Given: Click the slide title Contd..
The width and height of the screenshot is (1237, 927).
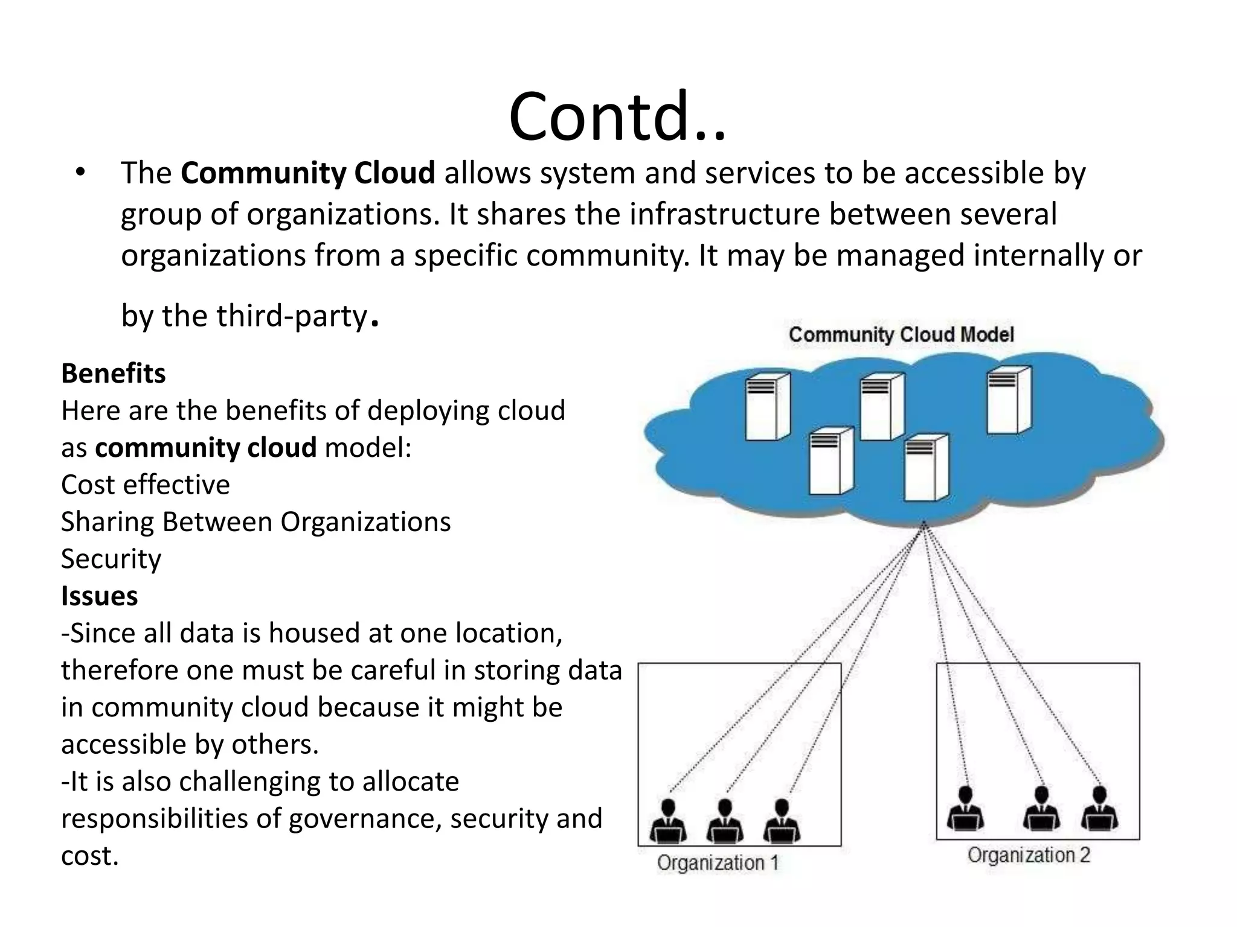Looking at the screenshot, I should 617,116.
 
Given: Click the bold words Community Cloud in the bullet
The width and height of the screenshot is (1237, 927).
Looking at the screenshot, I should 307,173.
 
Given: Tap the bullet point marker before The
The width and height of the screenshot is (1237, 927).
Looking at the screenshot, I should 81,173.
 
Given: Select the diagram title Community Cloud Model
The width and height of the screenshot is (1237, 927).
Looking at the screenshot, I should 901,334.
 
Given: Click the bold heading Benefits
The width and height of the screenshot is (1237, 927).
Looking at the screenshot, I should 114,374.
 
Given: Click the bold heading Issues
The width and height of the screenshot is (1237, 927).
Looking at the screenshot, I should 100,596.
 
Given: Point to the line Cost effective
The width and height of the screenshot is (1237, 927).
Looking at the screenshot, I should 146,485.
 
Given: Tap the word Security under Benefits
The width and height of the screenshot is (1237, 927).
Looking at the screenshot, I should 111,559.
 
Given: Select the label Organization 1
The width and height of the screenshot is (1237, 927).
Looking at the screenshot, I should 718,862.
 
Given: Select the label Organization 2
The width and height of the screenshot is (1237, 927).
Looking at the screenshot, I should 1029,855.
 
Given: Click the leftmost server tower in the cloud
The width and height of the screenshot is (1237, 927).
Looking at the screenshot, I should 767,406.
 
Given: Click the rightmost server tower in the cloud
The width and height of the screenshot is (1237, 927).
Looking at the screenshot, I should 1009,400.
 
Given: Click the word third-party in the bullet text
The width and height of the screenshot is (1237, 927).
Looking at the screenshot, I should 292,316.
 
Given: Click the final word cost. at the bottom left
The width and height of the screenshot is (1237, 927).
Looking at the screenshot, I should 90,856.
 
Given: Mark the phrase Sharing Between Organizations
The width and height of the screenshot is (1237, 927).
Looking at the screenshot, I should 255,522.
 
